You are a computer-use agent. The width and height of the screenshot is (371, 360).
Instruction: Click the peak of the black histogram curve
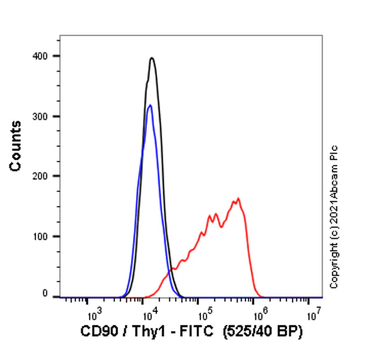point(151,58)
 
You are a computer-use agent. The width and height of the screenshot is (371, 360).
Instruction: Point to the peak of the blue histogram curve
point(150,105)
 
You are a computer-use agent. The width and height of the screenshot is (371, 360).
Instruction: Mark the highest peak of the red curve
point(238,199)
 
